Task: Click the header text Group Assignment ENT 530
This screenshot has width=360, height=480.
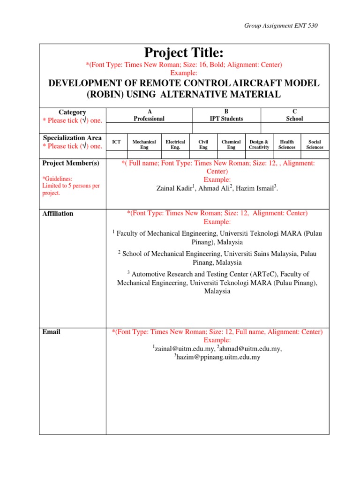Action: [x=281, y=25]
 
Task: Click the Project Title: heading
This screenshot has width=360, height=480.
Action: [x=184, y=53]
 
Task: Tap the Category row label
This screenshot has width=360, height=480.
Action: [x=72, y=112]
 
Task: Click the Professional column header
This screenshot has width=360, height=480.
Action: [x=149, y=115]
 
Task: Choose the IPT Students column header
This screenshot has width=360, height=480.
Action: [x=226, y=115]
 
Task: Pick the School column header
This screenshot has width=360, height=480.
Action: [x=295, y=115]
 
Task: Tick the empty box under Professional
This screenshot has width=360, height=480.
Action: [x=149, y=128]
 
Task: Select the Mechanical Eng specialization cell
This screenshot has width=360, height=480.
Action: [x=144, y=144]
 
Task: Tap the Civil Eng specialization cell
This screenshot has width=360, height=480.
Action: [x=203, y=144]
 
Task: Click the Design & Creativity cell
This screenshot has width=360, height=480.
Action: [x=259, y=144]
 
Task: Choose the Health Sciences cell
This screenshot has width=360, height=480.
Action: [x=286, y=144]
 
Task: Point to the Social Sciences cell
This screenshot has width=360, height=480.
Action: [x=315, y=144]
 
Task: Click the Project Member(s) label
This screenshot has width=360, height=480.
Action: [x=71, y=163]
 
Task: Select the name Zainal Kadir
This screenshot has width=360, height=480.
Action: [x=173, y=188]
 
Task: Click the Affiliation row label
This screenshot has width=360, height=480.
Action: [x=58, y=214]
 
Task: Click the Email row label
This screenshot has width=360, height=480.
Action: [x=51, y=332]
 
